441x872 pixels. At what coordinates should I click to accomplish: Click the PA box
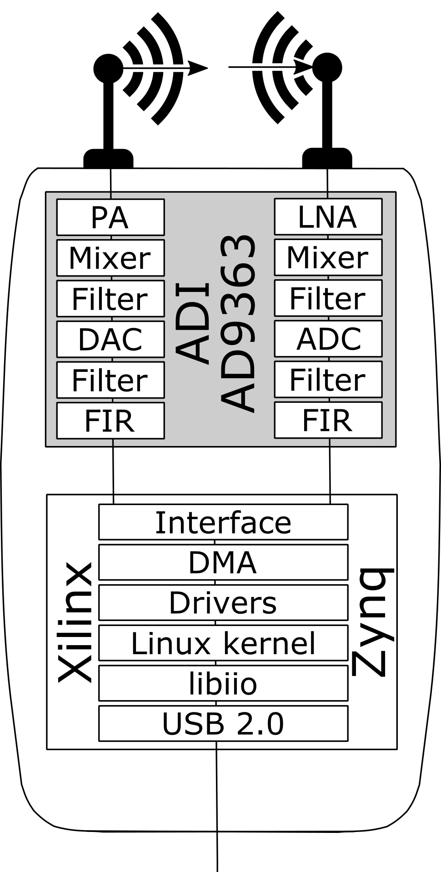[x=110, y=217]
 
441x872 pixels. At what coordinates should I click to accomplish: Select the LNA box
[x=328, y=216]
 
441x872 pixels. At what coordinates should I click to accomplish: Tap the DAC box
[x=110, y=339]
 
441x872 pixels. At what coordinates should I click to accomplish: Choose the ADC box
[x=328, y=339]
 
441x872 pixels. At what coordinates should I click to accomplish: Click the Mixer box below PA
[x=110, y=258]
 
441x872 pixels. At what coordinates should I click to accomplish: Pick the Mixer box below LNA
[x=328, y=257]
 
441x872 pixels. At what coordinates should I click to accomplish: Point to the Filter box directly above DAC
[x=110, y=299]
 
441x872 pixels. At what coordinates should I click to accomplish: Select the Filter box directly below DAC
[x=110, y=380]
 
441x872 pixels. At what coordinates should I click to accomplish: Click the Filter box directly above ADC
[x=328, y=298]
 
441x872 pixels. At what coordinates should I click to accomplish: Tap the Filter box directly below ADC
[x=328, y=380]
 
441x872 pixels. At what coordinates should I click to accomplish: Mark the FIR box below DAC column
[x=110, y=421]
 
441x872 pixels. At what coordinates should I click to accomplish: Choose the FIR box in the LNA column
[x=328, y=420]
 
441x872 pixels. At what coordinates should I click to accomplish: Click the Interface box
[x=223, y=522]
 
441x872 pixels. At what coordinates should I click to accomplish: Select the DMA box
[x=223, y=562]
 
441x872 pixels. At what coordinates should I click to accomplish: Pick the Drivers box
[x=223, y=602]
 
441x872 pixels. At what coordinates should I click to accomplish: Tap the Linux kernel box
[x=223, y=643]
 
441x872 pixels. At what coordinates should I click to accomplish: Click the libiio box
[x=223, y=683]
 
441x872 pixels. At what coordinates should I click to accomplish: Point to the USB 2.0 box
[x=223, y=723]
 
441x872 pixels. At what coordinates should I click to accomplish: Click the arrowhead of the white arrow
[x=301, y=68]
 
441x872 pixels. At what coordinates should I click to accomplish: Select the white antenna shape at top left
[x=59, y=68]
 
